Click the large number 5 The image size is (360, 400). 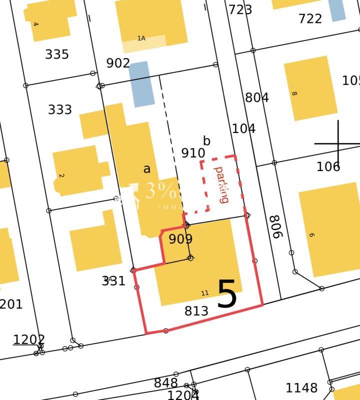(x=227, y=294)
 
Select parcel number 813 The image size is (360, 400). (x=196, y=311)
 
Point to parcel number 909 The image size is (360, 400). (x=180, y=239)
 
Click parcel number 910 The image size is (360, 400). (x=193, y=153)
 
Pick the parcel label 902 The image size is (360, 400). (x=118, y=63)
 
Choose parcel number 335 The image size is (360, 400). (x=57, y=54)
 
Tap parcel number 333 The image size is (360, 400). (x=60, y=109)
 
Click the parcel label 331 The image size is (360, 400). (x=113, y=280)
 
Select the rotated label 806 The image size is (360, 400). (x=275, y=227)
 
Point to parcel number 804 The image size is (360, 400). (x=257, y=97)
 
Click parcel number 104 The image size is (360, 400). (x=244, y=128)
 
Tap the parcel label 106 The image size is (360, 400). (x=328, y=166)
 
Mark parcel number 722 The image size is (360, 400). (x=310, y=18)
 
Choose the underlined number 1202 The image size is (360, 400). (x=29, y=339)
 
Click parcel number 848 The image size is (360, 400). (x=165, y=383)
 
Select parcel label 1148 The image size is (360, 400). (x=301, y=388)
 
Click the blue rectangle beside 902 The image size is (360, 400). (x=141, y=84)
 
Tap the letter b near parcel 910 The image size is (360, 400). (x=207, y=141)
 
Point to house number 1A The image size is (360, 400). (x=141, y=38)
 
